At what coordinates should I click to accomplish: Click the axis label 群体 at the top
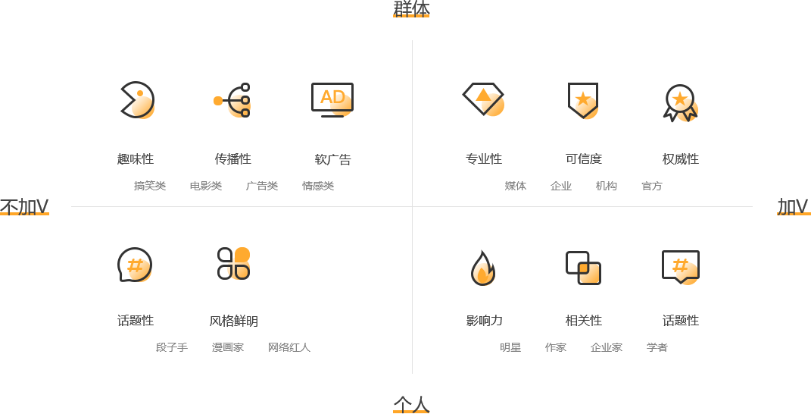click(411, 8)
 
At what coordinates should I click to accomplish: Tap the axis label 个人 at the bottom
click(411, 404)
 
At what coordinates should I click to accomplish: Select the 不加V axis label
click(24, 206)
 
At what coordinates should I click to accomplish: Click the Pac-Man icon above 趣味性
click(137, 100)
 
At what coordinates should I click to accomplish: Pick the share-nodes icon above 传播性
click(232, 100)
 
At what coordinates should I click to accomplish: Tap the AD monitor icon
click(332, 99)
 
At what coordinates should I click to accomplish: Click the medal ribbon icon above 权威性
click(680, 102)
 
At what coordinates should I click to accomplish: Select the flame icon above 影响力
click(483, 267)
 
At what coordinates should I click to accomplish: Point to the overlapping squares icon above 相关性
click(583, 268)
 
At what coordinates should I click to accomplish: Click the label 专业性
click(484, 159)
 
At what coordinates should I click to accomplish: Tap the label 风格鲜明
click(233, 321)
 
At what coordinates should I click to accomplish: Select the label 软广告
click(332, 159)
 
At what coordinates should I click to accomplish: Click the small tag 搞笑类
click(150, 186)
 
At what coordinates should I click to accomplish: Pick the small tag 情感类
click(318, 186)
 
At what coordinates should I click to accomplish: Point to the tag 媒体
click(516, 186)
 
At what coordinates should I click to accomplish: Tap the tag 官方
click(651, 186)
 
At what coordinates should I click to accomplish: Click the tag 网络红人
click(289, 347)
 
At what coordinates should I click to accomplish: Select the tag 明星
click(510, 347)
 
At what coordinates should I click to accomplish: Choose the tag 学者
click(657, 347)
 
